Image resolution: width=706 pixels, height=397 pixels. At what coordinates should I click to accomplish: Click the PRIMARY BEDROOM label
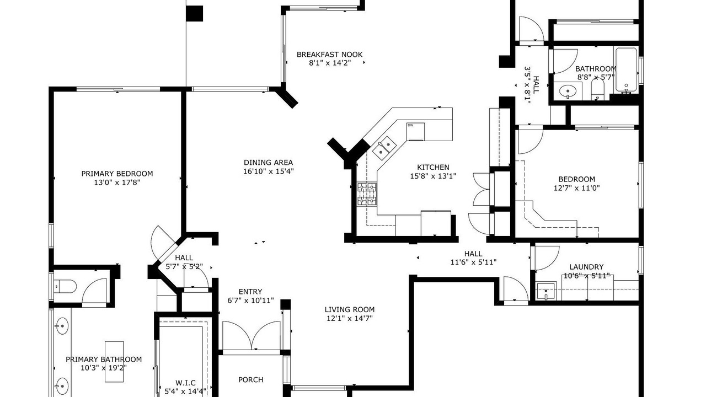coord(117,174)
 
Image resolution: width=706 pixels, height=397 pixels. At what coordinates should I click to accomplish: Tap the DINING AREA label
coord(268,163)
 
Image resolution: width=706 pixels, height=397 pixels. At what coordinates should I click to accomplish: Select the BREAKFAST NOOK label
coord(330,55)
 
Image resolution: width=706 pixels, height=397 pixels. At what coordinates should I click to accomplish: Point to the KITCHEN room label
coord(433,167)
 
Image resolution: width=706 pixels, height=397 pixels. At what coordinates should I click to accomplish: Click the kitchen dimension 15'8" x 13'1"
coord(433,176)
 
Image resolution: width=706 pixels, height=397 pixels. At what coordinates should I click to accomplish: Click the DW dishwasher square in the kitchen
coord(415,132)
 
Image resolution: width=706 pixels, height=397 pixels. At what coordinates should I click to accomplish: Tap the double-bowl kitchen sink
coord(384,148)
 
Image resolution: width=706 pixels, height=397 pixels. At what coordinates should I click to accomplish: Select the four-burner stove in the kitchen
coord(367,194)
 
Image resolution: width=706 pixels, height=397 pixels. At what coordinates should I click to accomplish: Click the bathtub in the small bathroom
coord(627,70)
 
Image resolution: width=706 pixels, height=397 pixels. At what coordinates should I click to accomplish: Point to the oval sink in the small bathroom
coord(568,92)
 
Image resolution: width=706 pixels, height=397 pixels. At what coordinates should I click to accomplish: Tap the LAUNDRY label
coord(586,267)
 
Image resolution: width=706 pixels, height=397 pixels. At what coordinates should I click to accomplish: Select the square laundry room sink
coord(546,291)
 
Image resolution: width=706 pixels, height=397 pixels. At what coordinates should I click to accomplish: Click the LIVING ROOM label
coord(350,310)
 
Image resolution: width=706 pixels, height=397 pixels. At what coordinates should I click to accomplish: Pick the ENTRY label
coord(250,292)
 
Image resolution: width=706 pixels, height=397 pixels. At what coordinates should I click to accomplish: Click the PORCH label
coord(251,380)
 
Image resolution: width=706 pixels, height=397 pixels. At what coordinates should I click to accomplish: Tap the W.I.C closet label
coord(185,383)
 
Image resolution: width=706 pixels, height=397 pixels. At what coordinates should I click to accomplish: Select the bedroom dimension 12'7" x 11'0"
coord(577,188)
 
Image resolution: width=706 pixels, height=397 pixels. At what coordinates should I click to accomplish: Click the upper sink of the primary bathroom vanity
coord(62,326)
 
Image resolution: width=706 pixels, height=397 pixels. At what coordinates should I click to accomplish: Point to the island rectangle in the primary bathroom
coord(114,362)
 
